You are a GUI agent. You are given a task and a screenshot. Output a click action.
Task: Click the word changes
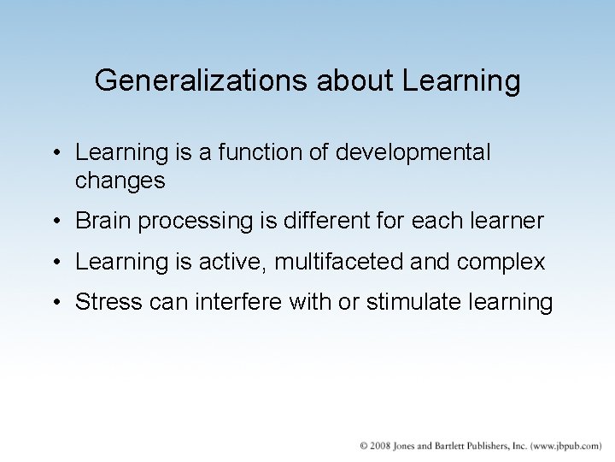tap(120, 181)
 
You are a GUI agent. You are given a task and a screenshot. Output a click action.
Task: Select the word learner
tap(504, 221)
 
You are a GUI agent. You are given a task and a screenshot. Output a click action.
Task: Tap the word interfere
tap(243, 302)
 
